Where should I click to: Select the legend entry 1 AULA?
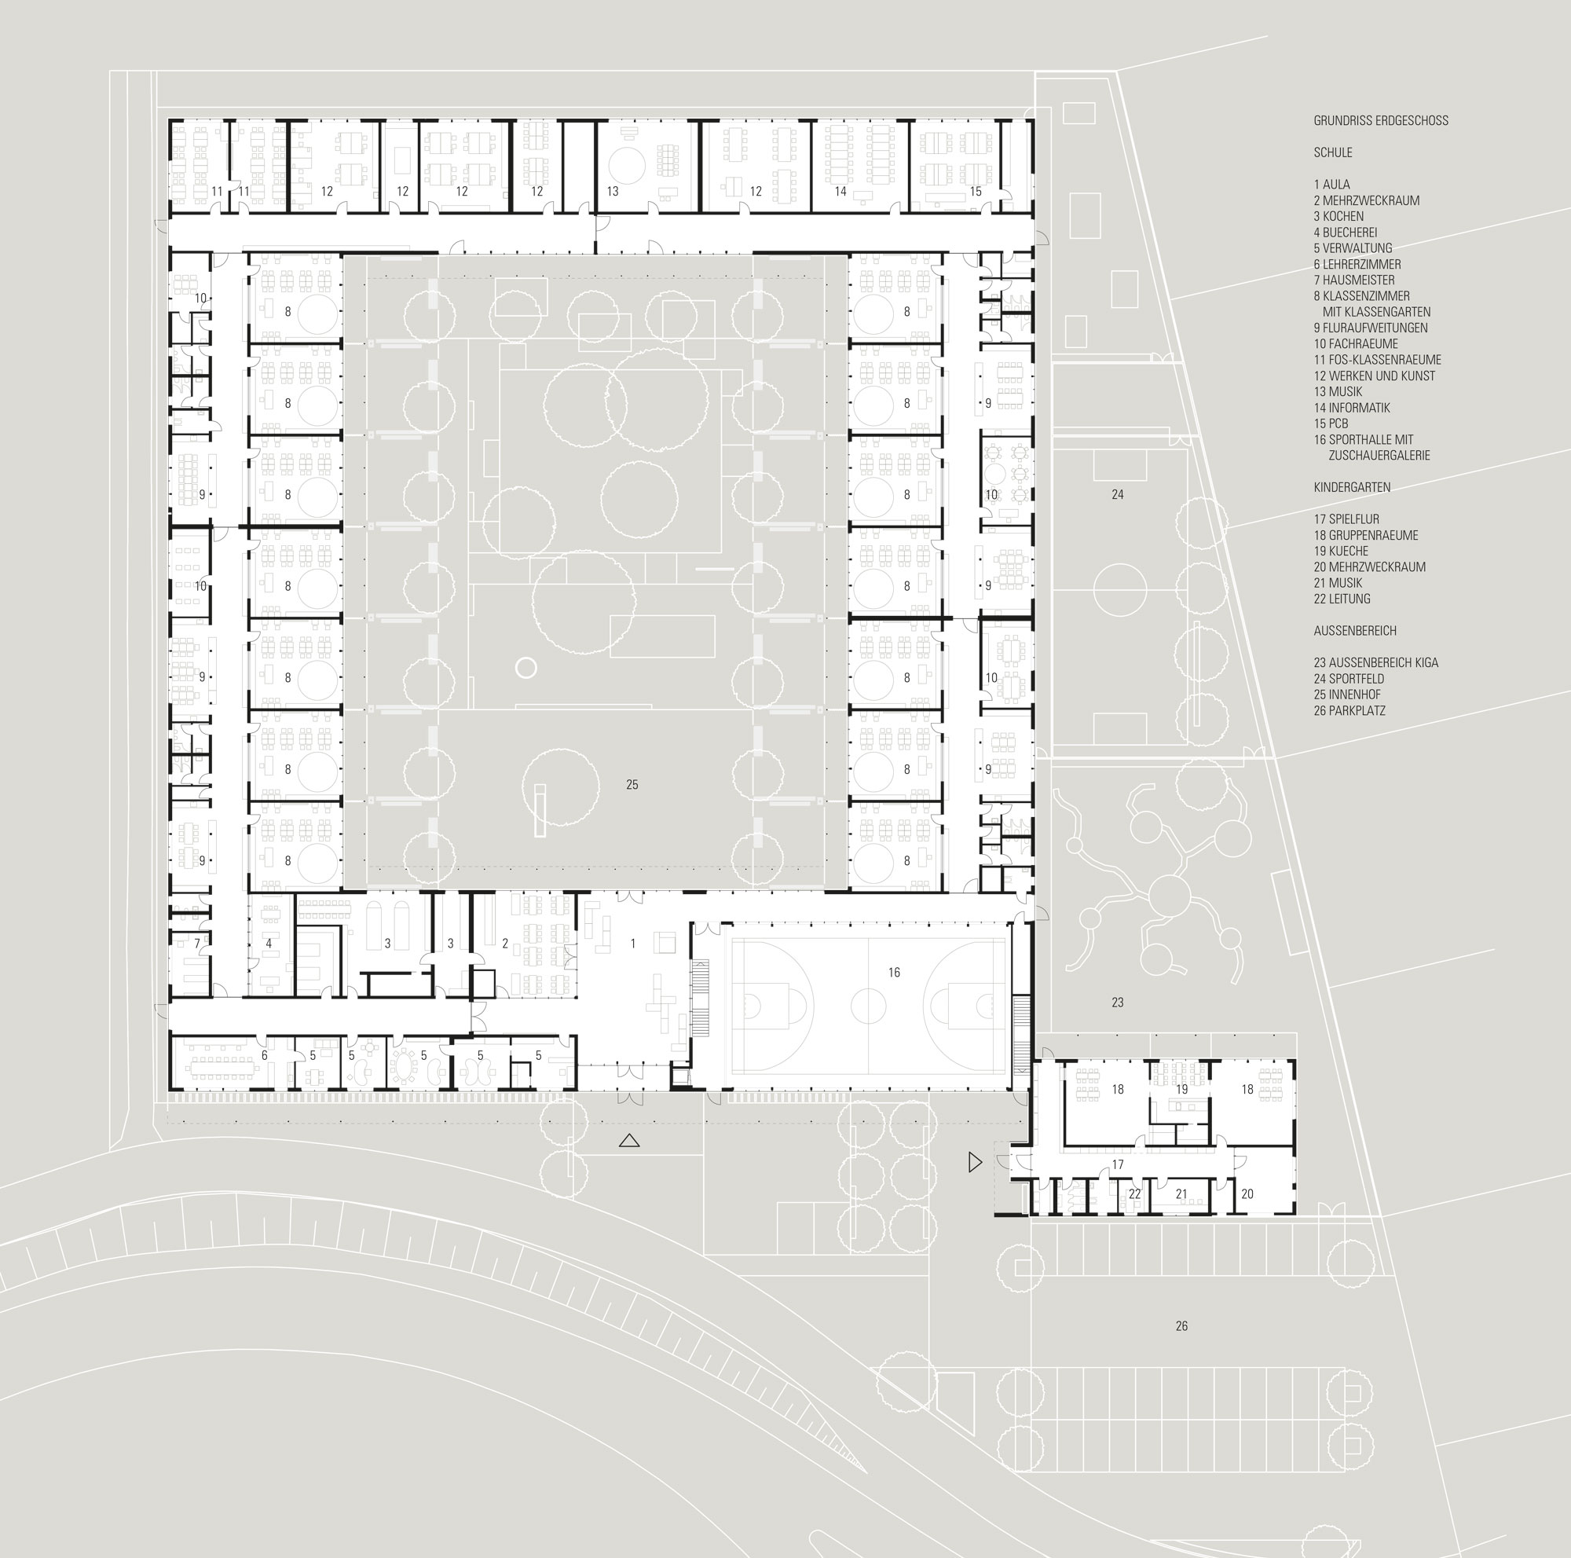[1332, 185]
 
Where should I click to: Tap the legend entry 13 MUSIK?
[1338, 392]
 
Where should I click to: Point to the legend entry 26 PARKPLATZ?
[1349, 711]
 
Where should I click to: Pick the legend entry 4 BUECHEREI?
[1346, 233]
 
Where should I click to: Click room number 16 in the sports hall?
[895, 973]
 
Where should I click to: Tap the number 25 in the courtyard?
[632, 785]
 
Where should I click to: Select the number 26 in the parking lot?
[1181, 1326]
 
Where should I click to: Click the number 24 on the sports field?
[1117, 494]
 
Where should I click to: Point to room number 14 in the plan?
[840, 192]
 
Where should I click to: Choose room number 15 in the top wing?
[976, 192]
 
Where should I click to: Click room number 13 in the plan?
[613, 192]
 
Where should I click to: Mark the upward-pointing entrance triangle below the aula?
[628, 1141]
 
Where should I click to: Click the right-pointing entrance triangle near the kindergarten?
[975, 1163]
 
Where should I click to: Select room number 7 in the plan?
[197, 944]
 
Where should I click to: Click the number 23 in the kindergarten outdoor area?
[1117, 1003]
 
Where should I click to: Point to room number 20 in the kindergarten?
[1247, 1194]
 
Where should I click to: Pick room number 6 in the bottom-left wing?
[264, 1056]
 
